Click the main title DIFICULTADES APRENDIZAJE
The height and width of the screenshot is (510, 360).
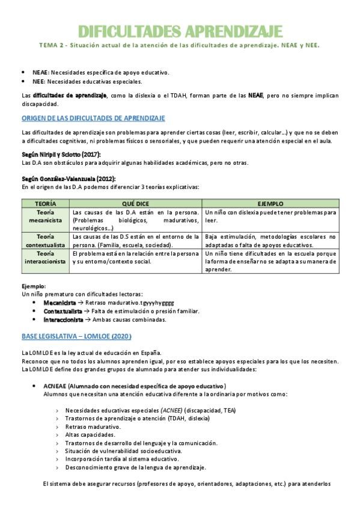pos(180,31)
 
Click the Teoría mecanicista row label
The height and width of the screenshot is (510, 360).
pos(45,217)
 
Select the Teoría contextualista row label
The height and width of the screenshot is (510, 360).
pos(45,241)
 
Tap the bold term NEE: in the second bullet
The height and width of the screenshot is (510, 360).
pos(38,82)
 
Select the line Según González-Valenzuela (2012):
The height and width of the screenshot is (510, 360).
pos(68,179)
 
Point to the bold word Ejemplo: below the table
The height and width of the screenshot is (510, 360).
pos(34,286)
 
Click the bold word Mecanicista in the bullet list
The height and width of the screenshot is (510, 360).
pos(59,303)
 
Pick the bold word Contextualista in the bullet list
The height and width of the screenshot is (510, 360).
pos(63,311)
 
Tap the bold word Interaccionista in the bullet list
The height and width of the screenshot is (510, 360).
pos(63,320)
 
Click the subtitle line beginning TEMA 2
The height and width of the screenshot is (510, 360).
pos(180,45)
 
